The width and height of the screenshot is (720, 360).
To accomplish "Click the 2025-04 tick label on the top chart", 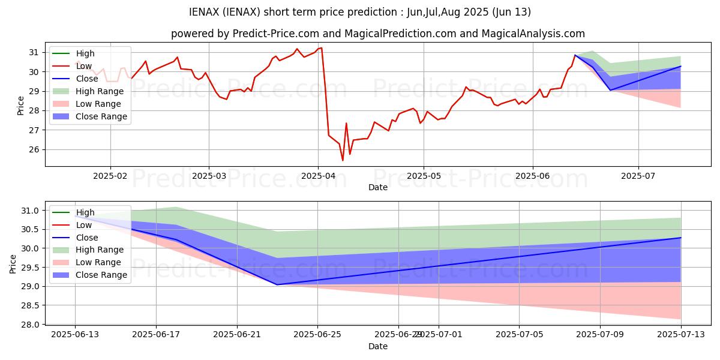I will point(318,176).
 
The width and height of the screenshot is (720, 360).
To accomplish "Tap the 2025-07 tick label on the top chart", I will point(638,176).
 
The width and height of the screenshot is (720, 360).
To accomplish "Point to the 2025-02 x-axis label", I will point(110,176).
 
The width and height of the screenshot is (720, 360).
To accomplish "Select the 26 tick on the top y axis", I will point(35,149).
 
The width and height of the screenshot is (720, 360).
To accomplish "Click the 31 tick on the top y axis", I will point(35,53).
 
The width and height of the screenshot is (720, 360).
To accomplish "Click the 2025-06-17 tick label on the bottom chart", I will point(156,335).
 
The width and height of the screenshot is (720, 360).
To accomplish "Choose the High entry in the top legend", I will point(85,53).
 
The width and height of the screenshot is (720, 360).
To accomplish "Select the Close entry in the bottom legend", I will point(86,238).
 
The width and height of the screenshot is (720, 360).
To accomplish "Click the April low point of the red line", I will point(343,160).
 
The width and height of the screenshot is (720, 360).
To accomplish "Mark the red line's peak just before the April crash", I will point(322,47).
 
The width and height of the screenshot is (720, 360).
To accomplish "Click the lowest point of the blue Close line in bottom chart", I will point(277,284).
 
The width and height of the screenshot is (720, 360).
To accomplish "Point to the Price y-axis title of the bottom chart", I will point(13,264).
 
